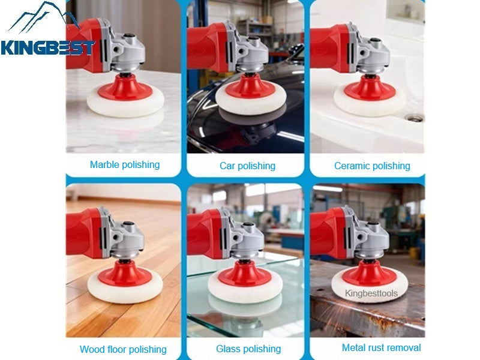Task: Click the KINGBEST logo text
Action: [x=47, y=47]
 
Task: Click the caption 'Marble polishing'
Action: [x=125, y=164]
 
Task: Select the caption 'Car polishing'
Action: [x=247, y=166]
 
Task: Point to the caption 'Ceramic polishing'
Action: [x=372, y=166]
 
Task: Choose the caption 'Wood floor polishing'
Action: [x=123, y=349]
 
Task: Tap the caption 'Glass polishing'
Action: [x=248, y=349]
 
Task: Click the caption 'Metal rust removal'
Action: [x=381, y=347]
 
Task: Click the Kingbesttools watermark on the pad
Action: [x=371, y=293]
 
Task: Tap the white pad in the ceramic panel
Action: [x=369, y=106]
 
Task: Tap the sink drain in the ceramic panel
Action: [x=413, y=118]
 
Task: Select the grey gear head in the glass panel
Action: [x=249, y=231]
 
